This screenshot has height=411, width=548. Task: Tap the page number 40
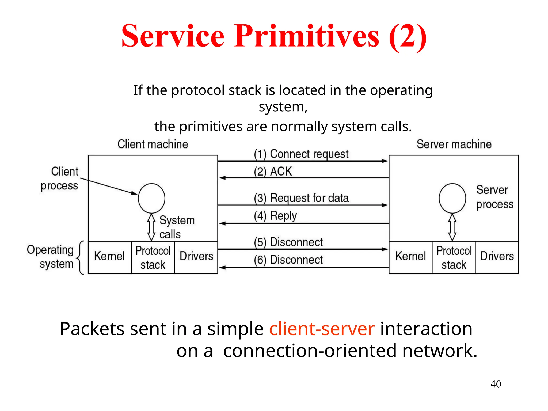pyautogui.click(x=496, y=384)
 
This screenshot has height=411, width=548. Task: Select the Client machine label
pyautogui.click(x=153, y=144)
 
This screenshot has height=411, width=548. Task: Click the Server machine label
pyautogui.click(x=454, y=144)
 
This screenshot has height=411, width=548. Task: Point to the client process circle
pyautogui.click(x=151, y=198)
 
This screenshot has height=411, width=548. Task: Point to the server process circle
pyautogui.click(x=452, y=198)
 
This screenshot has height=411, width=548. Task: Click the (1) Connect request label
pyautogui.click(x=301, y=154)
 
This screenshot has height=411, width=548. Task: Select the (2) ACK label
pyautogui.click(x=273, y=172)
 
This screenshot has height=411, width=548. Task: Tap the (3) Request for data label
pyautogui.click(x=301, y=198)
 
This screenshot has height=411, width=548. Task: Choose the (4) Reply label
pyautogui.click(x=275, y=216)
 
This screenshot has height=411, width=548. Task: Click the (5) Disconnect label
pyautogui.click(x=288, y=242)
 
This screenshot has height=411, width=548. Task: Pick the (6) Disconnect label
pyautogui.click(x=288, y=260)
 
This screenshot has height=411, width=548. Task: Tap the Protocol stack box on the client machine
pyautogui.click(x=153, y=257)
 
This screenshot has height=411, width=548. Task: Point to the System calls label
pyautogui.click(x=177, y=227)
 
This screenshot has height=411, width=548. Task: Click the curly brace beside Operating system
pyautogui.click(x=80, y=257)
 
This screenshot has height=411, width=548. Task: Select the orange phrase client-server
pyautogui.click(x=322, y=329)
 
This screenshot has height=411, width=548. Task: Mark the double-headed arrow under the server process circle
pyautogui.click(x=452, y=227)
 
